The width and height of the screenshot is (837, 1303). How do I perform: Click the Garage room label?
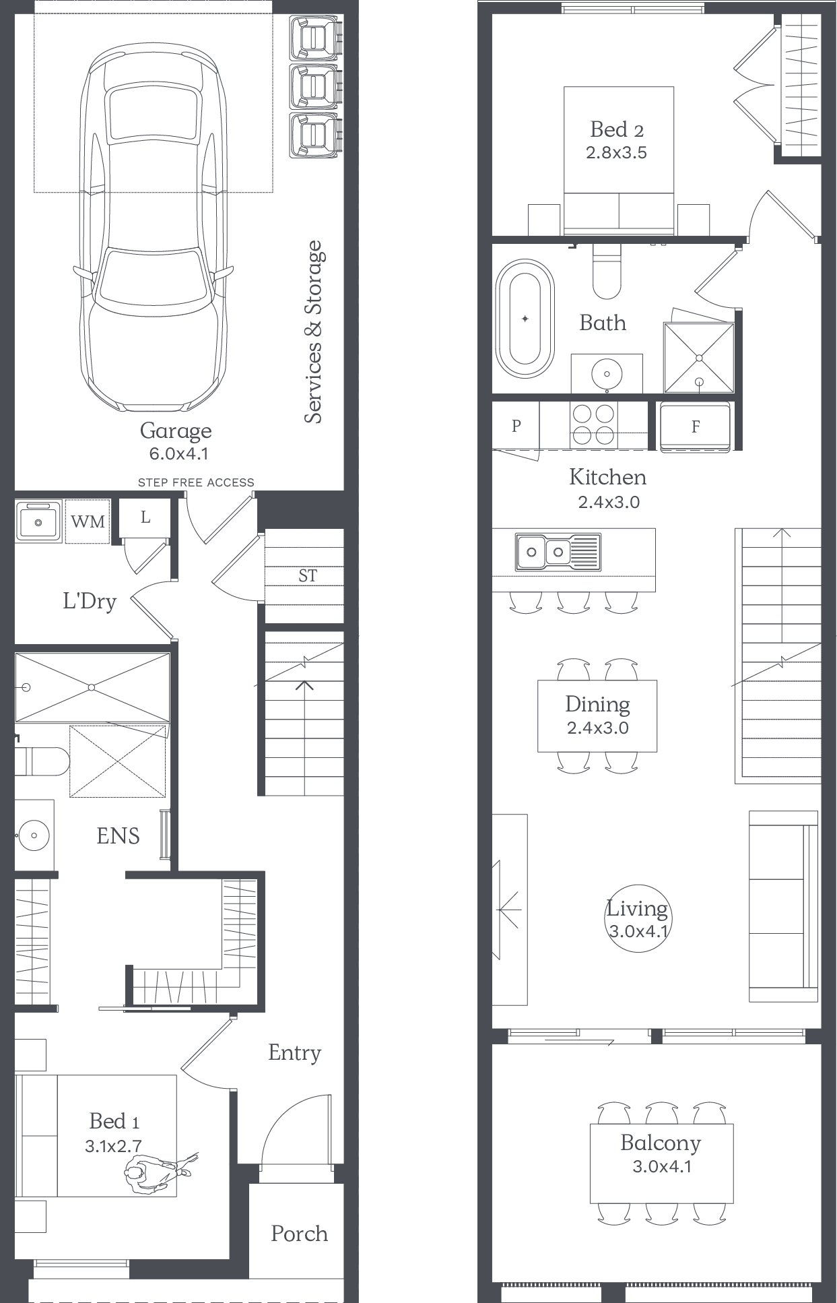click(x=176, y=431)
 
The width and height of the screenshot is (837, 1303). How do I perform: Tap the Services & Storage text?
click(x=313, y=332)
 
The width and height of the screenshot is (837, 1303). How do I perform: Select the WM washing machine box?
click(x=88, y=521)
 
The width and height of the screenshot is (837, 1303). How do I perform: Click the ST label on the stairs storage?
click(x=308, y=576)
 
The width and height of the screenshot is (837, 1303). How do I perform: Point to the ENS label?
click(x=118, y=836)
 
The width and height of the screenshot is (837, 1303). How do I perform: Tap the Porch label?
click(x=299, y=1234)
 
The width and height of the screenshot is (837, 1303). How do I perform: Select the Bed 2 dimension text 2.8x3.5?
click(x=616, y=152)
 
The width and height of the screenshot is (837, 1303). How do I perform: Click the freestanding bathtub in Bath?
click(x=525, y=319)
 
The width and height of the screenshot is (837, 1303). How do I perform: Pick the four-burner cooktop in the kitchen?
click(x=593, y=425)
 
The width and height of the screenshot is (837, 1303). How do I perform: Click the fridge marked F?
click(x=695, y=427)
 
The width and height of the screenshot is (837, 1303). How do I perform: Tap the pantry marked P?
click(x=516, y=425)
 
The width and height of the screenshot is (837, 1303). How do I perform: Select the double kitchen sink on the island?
click(x=558, y=552)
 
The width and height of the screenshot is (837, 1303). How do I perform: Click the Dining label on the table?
click(x=597, y=704)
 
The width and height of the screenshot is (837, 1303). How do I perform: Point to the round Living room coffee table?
click(x=638, y=918)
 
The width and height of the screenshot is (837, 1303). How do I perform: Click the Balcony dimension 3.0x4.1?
click(x=662, y=1166)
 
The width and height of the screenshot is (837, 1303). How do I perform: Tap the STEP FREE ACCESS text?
click(x=196, y=482)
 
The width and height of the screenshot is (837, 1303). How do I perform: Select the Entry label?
click(x=294, y=1053)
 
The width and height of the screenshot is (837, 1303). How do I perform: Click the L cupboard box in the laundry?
click(x=145, y=517)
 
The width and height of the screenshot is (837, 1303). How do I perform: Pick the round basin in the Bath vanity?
click(x=607, y=373)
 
